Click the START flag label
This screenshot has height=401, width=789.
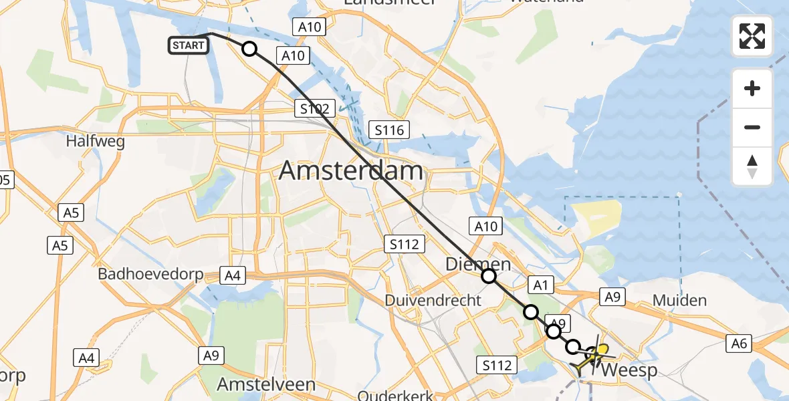188,45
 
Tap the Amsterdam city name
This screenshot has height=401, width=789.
351,171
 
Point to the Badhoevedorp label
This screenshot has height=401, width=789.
150,274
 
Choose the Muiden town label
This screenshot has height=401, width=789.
679,300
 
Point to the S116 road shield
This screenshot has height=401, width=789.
389,130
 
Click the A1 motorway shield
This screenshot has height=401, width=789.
540,285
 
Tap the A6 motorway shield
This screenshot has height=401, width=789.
739,344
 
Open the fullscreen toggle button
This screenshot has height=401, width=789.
752,36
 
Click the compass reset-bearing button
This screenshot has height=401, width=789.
752,166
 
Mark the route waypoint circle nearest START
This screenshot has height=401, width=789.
249,49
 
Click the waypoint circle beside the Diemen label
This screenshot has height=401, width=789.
489,276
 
